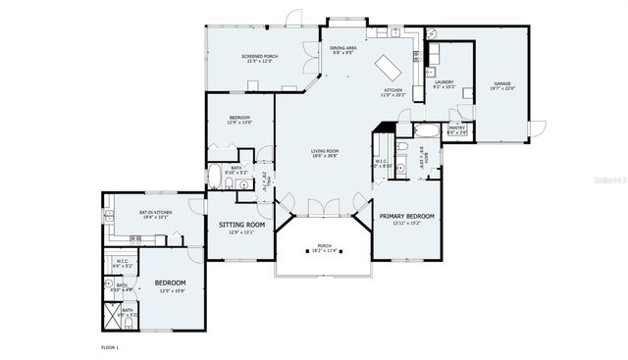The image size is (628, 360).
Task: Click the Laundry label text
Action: pyautogui.click(x=445, y=83)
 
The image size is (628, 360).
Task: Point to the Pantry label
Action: pyautogui.click(x=456, y=129)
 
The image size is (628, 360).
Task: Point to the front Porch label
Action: pyautogui.click(x=325, y=246)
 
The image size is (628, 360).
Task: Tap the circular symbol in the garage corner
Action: pyautogui.click(x=429, y=33)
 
